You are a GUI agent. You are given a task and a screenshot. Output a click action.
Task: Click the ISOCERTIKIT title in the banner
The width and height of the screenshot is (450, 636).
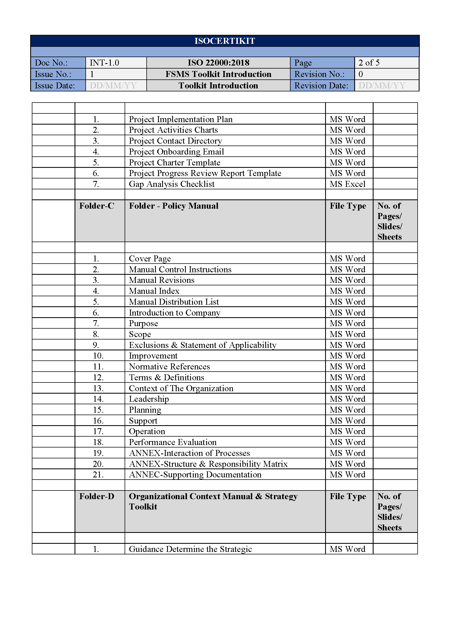coord(224,41)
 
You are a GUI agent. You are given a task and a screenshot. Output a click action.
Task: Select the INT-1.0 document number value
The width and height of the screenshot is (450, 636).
coord(104,63)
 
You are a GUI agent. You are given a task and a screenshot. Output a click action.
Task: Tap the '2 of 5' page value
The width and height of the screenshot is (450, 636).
coord(369,63)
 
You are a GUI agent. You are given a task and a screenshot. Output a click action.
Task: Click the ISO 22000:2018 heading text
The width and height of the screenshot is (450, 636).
coord(218,63)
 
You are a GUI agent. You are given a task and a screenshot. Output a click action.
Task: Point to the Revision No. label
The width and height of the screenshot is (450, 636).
coord(319,74)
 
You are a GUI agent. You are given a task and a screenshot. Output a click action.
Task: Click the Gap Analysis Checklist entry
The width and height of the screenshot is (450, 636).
coord(171,184)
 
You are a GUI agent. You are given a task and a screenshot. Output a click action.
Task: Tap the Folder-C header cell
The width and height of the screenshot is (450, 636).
coord(97,206)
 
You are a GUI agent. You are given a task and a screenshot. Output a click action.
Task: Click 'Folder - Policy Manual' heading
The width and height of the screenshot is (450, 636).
coord(174,206)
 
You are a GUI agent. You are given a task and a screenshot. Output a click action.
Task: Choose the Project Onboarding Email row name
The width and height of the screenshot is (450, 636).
coord(176,152)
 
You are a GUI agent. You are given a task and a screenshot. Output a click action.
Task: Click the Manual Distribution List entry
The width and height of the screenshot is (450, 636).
coord(174,302)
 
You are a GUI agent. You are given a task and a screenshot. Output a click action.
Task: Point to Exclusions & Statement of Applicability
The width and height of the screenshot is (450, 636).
coord(203,345)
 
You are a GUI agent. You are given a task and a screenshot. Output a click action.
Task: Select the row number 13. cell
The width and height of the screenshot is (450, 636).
coord(98,388)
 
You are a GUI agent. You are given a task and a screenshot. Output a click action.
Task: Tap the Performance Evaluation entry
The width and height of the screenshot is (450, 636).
coord(173,442)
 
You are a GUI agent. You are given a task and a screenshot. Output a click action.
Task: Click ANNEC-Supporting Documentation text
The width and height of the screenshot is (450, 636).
coord(195,475)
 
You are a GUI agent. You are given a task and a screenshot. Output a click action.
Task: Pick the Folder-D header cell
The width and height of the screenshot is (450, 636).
coord(97,496)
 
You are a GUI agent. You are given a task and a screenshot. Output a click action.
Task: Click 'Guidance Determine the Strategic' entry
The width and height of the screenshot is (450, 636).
coord(190,549)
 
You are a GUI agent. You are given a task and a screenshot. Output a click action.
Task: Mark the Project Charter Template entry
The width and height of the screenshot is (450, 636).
coord(175,163)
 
